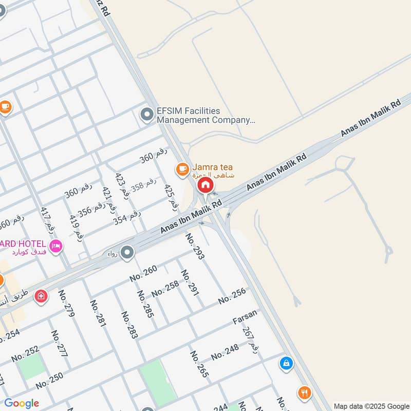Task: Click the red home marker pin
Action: tap(205, 185)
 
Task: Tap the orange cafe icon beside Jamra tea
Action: tap(182, 169)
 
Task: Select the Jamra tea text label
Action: tap(213, 167)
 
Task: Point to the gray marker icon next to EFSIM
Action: tap(147, 115)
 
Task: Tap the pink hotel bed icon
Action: tap(56, 245)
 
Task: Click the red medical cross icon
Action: tap(41, 296)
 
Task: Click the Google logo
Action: tap(22, 403)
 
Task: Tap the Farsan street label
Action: tap(245, 320)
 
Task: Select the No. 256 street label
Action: tap(232, 296)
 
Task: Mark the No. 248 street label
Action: tap(225, 352)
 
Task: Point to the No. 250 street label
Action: tap(49, 380)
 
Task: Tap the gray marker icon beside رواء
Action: tap(127, 252)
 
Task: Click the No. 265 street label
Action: tap(199, 364)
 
